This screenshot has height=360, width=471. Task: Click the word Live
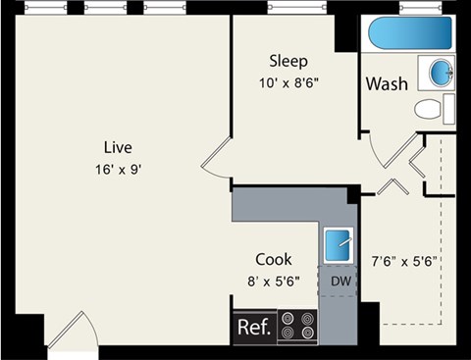point(117,147)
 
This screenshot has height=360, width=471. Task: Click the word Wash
point(386,84)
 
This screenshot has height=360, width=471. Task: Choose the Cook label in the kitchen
point(274,260)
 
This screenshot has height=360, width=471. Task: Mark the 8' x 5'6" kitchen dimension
point(274,281)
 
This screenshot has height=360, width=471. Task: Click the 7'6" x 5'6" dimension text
point(403,262)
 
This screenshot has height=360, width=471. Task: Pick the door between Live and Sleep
point(218,160)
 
